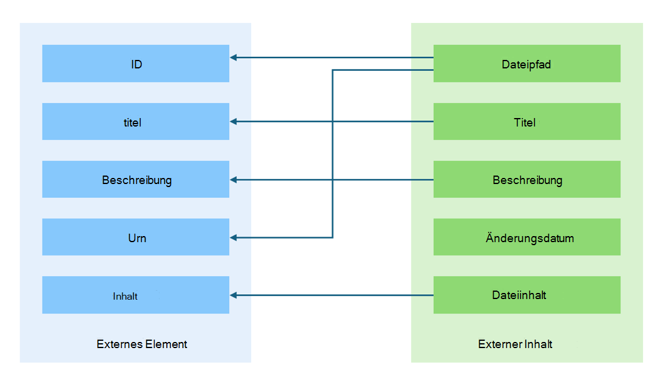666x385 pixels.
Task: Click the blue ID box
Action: pyautogui.click(x=135, y=64)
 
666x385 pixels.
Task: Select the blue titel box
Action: pyautogui.click(x=135, y=122)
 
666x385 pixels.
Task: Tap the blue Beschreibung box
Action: pyautogui.click(x=135, y=180)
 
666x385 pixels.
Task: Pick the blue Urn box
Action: pyautogui.click(x=135, y=237)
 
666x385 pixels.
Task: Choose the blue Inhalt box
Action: pyautogui.click(x=135, y=295)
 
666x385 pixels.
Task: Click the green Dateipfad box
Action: pyautogui.click(x=526, y=64)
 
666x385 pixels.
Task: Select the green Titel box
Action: pyautogui.click(x=526, y=122)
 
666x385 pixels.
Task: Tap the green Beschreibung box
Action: pyautogui.click(x=526, y=180)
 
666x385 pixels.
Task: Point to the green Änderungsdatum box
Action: pyautogui.click(x=526, y=237)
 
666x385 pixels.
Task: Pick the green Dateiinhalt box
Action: pyautogui.click(x=526, y=295)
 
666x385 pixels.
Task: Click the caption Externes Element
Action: pyautogui.click(x=142, y=344)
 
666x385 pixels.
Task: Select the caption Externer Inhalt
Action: pyautogui.click(x=515, y=344)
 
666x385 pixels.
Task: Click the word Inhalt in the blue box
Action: pyautogui.click(x=126, y=297)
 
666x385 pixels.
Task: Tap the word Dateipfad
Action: pyautogui.click(x=526, y=64)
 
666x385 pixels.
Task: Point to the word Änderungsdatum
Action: pyautogui.click(x=530, y=238)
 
